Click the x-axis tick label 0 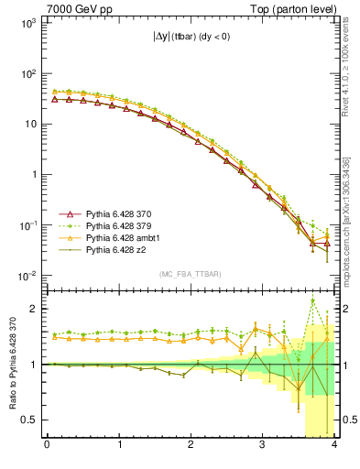(x=47, y=446)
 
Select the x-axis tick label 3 (x=262, y=446)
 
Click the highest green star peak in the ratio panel (x=312, y=300)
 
